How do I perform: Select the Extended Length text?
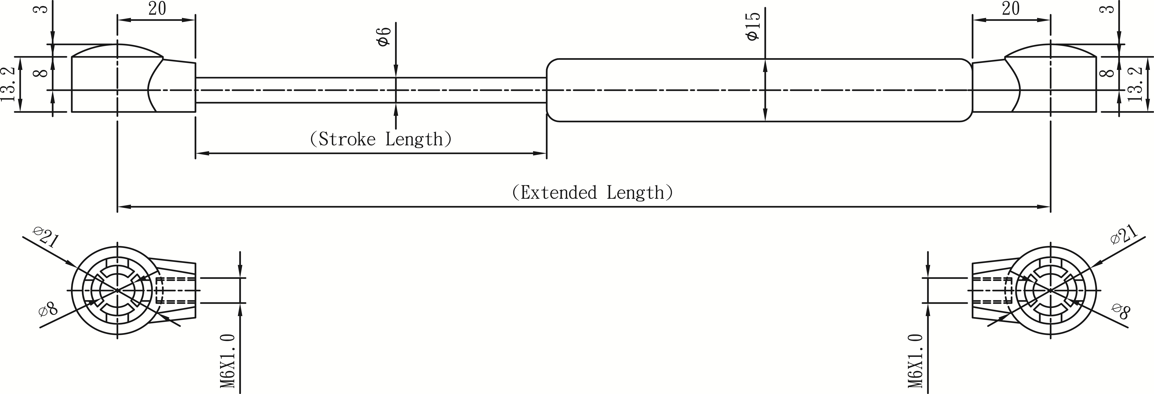pyautogui.click(x=592, y=192)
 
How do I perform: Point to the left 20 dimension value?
pyautogui.click(x=157, y=9)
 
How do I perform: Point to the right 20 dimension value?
pyautogui.click(x=1011, y=9)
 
